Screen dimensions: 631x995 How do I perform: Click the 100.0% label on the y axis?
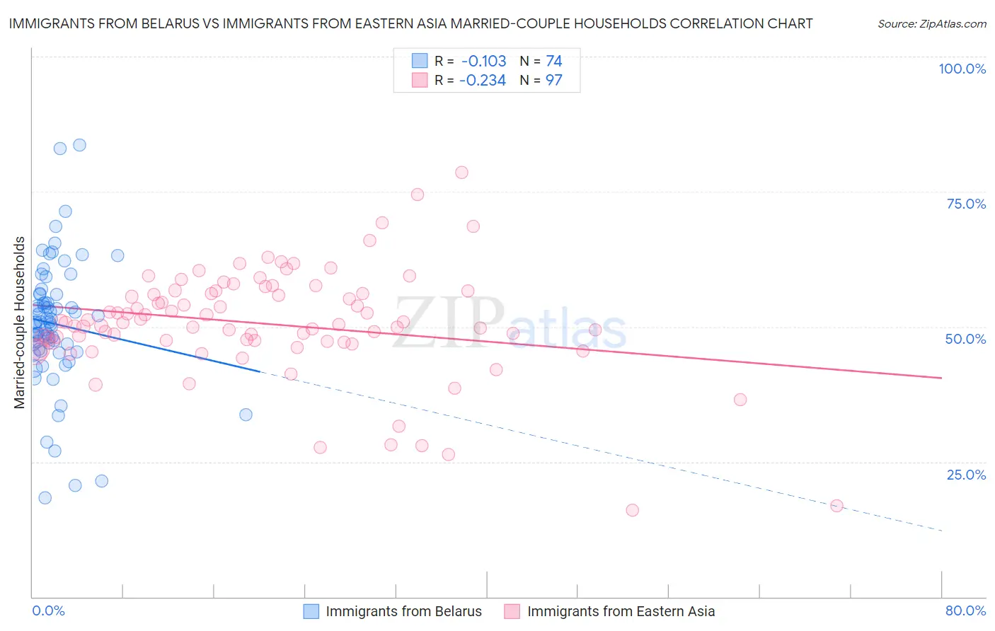click(x=962, y=69)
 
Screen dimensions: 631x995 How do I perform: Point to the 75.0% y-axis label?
click(x=966, y=204)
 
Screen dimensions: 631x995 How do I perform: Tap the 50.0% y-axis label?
click(x=965, y=339)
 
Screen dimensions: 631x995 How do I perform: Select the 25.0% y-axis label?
click(x=966, y=474)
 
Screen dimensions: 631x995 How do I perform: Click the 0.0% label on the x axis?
click(x=48, y=610)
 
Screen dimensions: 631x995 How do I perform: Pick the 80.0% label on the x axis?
click(x=965, y=610)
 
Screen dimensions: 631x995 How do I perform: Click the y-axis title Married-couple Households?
click(x=20, y=323)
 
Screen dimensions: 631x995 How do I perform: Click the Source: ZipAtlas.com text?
click(x=931, y=24)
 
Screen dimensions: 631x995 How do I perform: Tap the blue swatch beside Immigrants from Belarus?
click(x=311, y=611)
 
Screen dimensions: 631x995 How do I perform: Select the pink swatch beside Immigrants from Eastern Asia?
click(x=512, y=611)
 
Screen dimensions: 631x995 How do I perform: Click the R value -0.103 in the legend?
click(x=483, y=61)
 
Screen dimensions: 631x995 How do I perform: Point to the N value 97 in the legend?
click(x=553, y=81)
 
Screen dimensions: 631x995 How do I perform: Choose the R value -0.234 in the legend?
click(x=483, y=81)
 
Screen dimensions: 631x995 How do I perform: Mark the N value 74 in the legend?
click(x=553, y=61)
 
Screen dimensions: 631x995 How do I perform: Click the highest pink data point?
click(x=461, y=173)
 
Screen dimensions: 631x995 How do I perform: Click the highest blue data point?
click(x=79, y=145)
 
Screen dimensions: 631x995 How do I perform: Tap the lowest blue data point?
click(x=45, y=498)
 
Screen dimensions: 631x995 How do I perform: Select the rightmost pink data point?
click(x=836, y=506)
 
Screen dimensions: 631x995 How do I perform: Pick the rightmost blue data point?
click(x=246, y=415)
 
